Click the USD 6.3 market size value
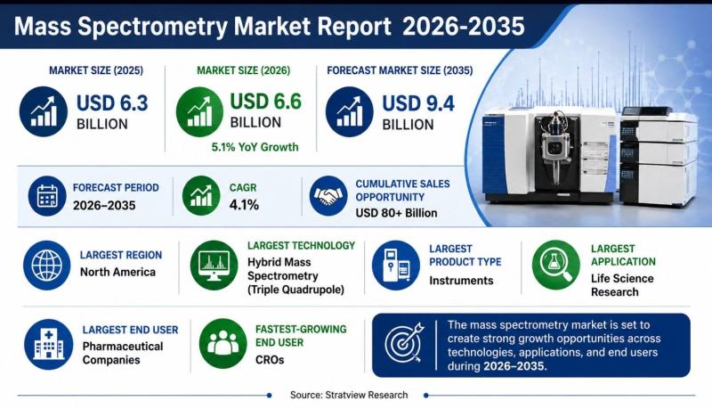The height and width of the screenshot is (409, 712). point(112,103)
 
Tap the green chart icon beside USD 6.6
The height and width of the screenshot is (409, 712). point(199,111)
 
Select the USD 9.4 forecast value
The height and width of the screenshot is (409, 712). point(418,103)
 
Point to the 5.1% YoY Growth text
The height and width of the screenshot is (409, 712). point(255,147)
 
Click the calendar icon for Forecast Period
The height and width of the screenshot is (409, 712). point(47,196)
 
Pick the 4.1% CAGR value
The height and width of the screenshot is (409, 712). point(244,205)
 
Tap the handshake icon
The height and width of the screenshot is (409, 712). point(328,195)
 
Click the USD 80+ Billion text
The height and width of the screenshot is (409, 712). point(396,213)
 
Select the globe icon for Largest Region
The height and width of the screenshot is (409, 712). point(47,265)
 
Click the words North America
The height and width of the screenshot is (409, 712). point(117,272)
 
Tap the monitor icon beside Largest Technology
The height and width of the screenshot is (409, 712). point(214,265)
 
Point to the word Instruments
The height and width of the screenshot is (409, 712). point(461,281)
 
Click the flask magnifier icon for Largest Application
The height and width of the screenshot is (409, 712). point(555,265)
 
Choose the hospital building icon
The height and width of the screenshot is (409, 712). point(49,344)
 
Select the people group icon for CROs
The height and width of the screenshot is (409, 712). point(223,344)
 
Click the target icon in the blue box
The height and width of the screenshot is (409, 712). point(404,343)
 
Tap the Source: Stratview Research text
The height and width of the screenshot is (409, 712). point(349,395)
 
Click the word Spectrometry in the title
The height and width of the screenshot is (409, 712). point(152,26)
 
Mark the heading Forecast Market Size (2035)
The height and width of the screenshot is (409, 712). point(400,70)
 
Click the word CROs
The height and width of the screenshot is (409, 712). point(270,359)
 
